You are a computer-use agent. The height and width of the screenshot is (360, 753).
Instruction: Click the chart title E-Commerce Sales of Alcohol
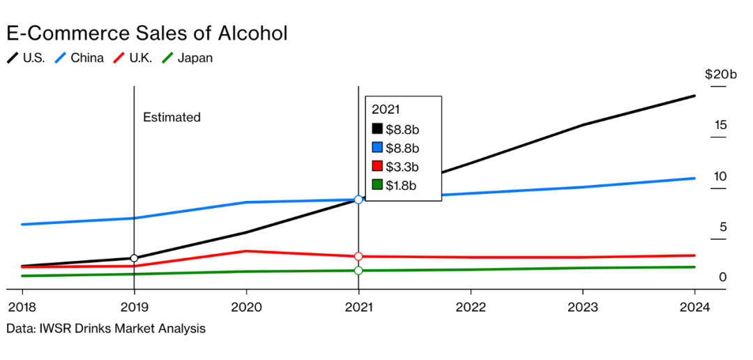[146, 33]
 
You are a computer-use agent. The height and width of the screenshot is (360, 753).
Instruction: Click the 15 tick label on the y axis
[720, 125]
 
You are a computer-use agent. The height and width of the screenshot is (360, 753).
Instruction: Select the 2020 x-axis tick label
[246, 307]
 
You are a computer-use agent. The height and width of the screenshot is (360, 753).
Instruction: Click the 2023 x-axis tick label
[583, 307]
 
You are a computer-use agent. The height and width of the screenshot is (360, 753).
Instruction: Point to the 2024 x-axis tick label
[695, 307]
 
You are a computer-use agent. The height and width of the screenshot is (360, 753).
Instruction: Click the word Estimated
[172, 117]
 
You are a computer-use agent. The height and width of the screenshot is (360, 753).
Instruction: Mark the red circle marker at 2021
[358, 257]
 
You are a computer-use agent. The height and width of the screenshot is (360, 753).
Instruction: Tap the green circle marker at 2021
[358, 270]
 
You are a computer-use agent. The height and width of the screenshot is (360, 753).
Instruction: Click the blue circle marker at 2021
[358, 200]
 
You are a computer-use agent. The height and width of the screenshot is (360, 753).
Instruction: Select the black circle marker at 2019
[134, 258]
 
